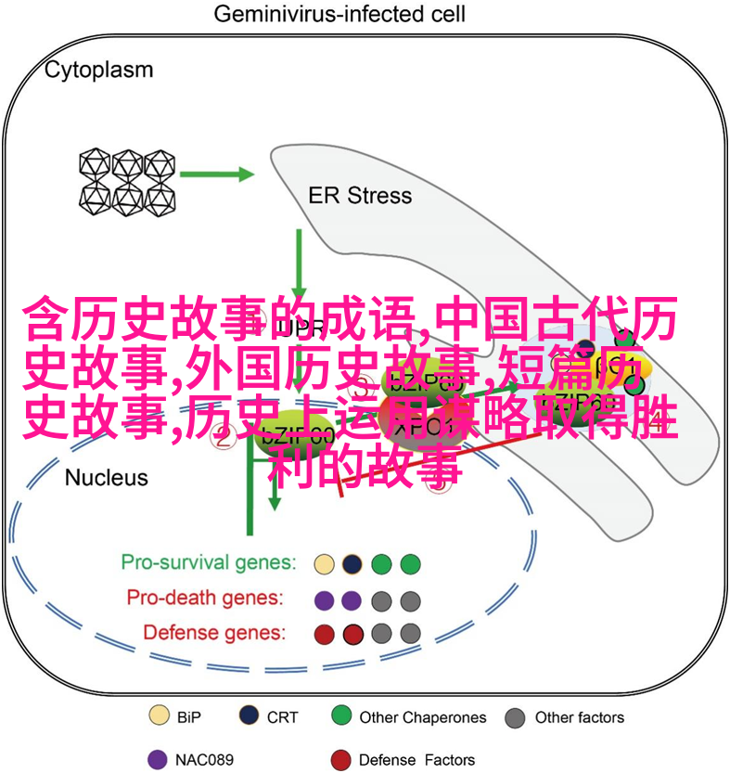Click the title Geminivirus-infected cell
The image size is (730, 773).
[x=339, y=15]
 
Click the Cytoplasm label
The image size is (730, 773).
[x=99, y=70]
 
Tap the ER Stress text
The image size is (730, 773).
[x=360, y=195]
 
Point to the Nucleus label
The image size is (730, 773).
[x=107, y=478]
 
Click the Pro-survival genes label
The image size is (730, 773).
[x=209, y=563]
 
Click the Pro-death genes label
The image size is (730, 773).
[x=206, y=598]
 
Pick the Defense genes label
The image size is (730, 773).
[x=214, y=633]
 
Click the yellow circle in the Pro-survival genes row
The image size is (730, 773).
[x=324, y=563]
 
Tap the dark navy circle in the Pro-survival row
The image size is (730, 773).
[x=352, y=563]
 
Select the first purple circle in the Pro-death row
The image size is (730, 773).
[x=324, y=599]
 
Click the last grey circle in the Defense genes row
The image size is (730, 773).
[x=409, y=634]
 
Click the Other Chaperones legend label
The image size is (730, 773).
[x=422, y=716]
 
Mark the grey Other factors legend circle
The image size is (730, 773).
[x=516, y=716]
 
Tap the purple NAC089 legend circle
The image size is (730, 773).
[x=158, y=758]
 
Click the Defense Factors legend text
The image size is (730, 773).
[x=416, y=759]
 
